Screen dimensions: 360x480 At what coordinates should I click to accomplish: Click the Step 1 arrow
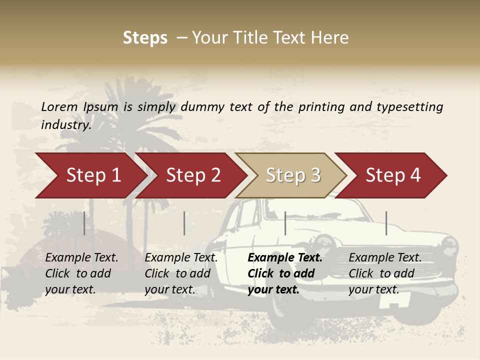[x=92, y=175]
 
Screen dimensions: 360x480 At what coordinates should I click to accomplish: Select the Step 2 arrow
[x=192, y=175]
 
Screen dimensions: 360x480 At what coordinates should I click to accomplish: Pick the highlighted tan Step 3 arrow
[x=292, y=175]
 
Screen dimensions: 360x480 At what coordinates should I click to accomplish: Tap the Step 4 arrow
[x=392, y=175]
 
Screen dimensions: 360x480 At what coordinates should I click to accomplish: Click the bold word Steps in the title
[x=145, y=38]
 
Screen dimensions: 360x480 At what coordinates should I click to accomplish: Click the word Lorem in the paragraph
[x=59, y=106]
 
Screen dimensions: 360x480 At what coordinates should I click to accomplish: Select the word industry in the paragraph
[x=66, y=125]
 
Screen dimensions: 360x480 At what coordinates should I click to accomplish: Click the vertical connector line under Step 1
[x=84, y=223]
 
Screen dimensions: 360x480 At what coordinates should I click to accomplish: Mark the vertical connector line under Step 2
[x=184, y=223]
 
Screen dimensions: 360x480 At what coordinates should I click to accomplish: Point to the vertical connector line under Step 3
[x=285, y=223]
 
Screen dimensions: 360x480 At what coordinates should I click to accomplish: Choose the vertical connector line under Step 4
[x=386, y=223]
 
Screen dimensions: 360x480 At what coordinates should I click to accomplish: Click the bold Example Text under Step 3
[x=285, y=258]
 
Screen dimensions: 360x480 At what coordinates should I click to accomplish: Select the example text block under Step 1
[x=81, y=273]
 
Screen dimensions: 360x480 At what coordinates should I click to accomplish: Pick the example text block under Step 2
[x=181, y=273]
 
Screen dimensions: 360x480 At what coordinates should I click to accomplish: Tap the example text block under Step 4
[x=385, y=273]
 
